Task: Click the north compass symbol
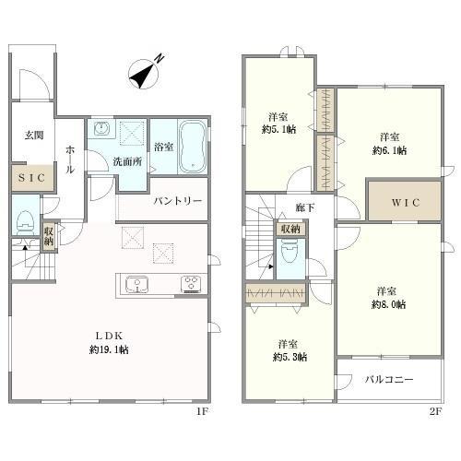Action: pyautogui.click(x=144, y=74)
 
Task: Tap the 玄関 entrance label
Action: pyautogui.click(x=34, y=136)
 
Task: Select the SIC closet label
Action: pyautogui.click(x=32, y=178)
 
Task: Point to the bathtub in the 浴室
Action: pyautogui.click(x=193, y=147)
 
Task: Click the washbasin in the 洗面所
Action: pyautogui.click(x=100, y=128)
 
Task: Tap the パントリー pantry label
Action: pyautogui.click(x=178, y=201)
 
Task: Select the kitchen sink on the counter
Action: pyautogui.click(x=136, y=284)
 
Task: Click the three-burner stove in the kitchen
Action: pyautogui.click(x=191, y=284)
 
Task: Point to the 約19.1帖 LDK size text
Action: pyautogui.click(x=109, y=349)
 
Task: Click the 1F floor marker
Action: pyautogui.click(x=203, y=411)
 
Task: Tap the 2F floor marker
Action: pyautogui.click(x=435, y=411)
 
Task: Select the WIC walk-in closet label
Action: pyautogui.click(x=406, y=203)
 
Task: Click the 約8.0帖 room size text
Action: pyautogui.click(x=389, y=304)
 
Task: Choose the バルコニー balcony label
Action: pyautogui.click(x=389, y=380)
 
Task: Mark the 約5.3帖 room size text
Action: pyautogui.click(x=290, y=357)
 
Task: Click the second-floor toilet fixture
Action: pyautogui.click(x=290, y=252)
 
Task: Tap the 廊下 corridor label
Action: pyautogui.click(x=305, y=207)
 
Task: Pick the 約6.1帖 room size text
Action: pyautogui.click(x=390, y=150)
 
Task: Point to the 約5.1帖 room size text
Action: pyautogui.click(x=279, y=129)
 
